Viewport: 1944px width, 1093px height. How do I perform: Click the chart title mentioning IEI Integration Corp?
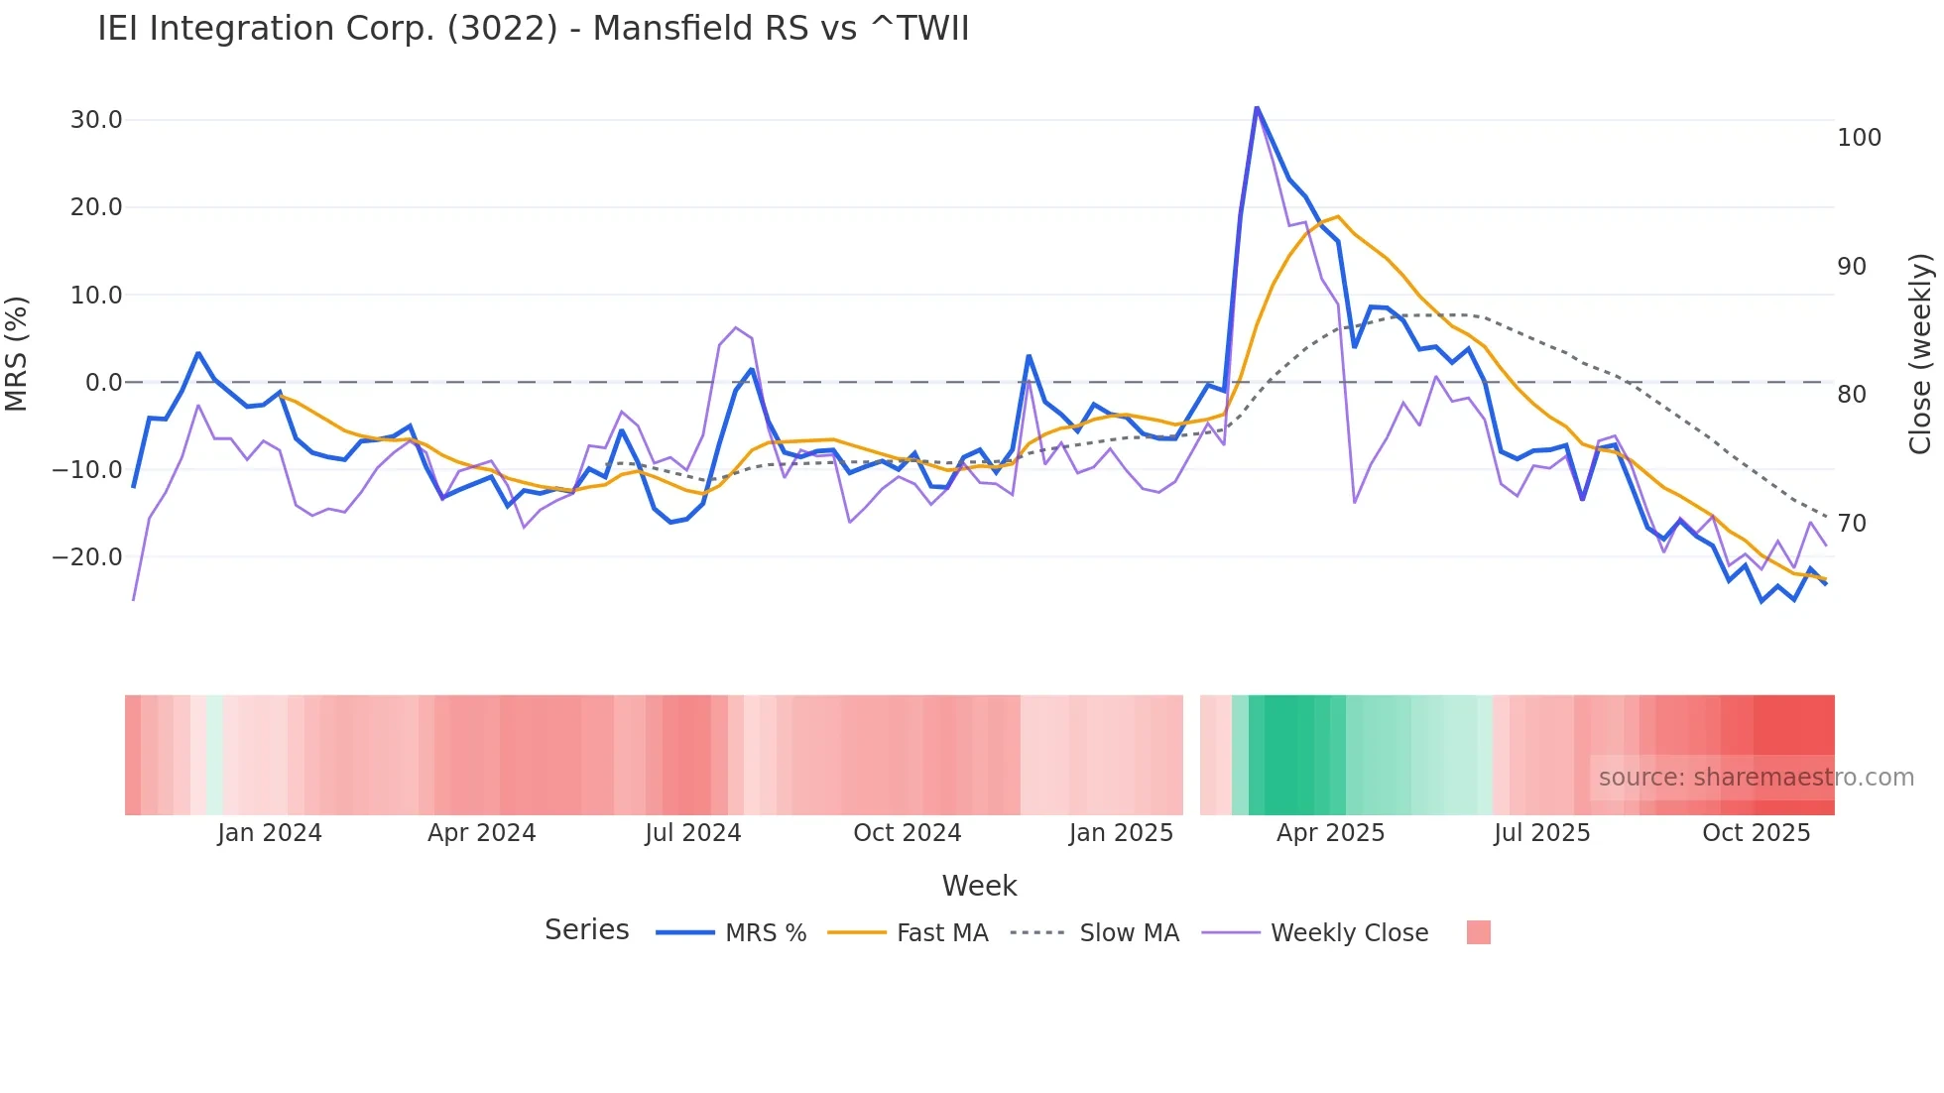tap(533, 29)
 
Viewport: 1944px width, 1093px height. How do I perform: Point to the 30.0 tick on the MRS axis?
tap(96, 120)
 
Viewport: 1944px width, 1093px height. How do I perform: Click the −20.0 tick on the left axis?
tap(87, 557)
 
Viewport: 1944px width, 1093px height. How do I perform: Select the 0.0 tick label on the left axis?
tap(103, 383)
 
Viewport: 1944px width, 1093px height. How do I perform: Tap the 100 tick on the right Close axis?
tap(1859, 138)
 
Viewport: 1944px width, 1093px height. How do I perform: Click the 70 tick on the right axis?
tap(1852, 524)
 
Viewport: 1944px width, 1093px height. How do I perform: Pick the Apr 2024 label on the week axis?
tap(481, 833)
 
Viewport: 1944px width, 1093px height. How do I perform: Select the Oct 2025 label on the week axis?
tap(1756, 833)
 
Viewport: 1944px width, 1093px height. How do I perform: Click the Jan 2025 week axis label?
tap(1121, 833)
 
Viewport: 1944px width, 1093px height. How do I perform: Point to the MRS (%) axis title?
tap(17, 353)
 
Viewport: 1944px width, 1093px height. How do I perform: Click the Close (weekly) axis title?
tap(1920, 354)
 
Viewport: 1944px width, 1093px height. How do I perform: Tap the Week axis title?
tap(979, 886)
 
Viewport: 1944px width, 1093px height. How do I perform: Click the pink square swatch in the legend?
tap(1478, 933)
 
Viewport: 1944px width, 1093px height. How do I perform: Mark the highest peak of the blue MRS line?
tap(1257, 107)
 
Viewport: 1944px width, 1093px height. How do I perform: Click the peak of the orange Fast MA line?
tap(1338, 216)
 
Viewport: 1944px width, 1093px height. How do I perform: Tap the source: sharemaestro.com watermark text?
tap(1756, 778)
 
